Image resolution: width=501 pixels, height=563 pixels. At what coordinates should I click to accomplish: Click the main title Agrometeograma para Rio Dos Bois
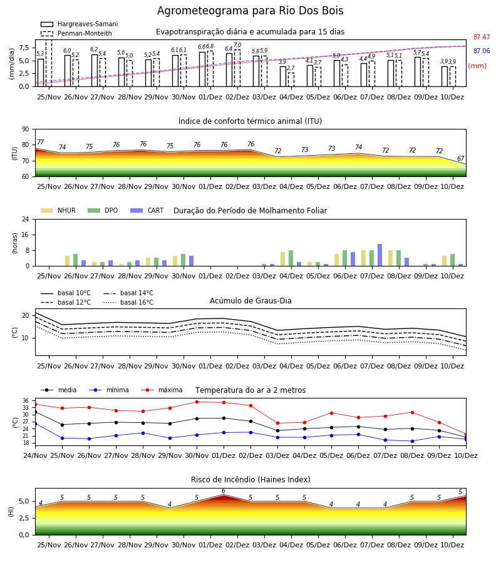[250, 11]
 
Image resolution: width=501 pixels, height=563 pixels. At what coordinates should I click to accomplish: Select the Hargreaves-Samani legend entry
[80, 24]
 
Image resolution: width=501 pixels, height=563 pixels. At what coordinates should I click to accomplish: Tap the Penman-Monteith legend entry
[76, 33]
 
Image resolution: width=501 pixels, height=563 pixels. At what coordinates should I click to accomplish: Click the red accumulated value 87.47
[482, 37]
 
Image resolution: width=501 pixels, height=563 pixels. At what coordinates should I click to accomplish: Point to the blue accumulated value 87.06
[482, 51]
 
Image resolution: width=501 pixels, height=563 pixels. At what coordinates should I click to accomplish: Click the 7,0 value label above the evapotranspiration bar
[237, 45]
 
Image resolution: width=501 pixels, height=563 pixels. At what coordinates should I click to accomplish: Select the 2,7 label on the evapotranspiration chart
[291, 68]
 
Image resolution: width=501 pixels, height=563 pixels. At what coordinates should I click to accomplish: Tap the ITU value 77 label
[41, 142]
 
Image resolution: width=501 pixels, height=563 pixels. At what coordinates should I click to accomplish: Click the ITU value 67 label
[460, 158]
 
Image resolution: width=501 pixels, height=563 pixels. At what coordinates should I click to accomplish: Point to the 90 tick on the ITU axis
[26, 129]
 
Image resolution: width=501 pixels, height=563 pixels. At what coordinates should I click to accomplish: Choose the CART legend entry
[147, 210]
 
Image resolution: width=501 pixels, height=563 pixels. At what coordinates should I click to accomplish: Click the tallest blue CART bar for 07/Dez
[380, 255]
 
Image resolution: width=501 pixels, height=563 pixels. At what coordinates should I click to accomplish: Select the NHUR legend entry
[58, 210]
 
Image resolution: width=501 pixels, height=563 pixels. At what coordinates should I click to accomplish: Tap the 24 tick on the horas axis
[26, 219]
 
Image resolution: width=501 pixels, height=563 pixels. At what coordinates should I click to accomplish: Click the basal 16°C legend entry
[128, 302]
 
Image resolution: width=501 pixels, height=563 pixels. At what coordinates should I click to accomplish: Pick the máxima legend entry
[162, 390]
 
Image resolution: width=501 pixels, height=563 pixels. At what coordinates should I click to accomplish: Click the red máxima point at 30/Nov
[197, 402]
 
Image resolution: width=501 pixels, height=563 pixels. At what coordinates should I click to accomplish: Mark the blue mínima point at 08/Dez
[412, 441]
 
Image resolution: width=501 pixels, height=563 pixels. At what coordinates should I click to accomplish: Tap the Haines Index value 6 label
[224, 491]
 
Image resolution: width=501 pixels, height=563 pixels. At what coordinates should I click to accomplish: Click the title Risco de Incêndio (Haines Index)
[250, 480]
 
